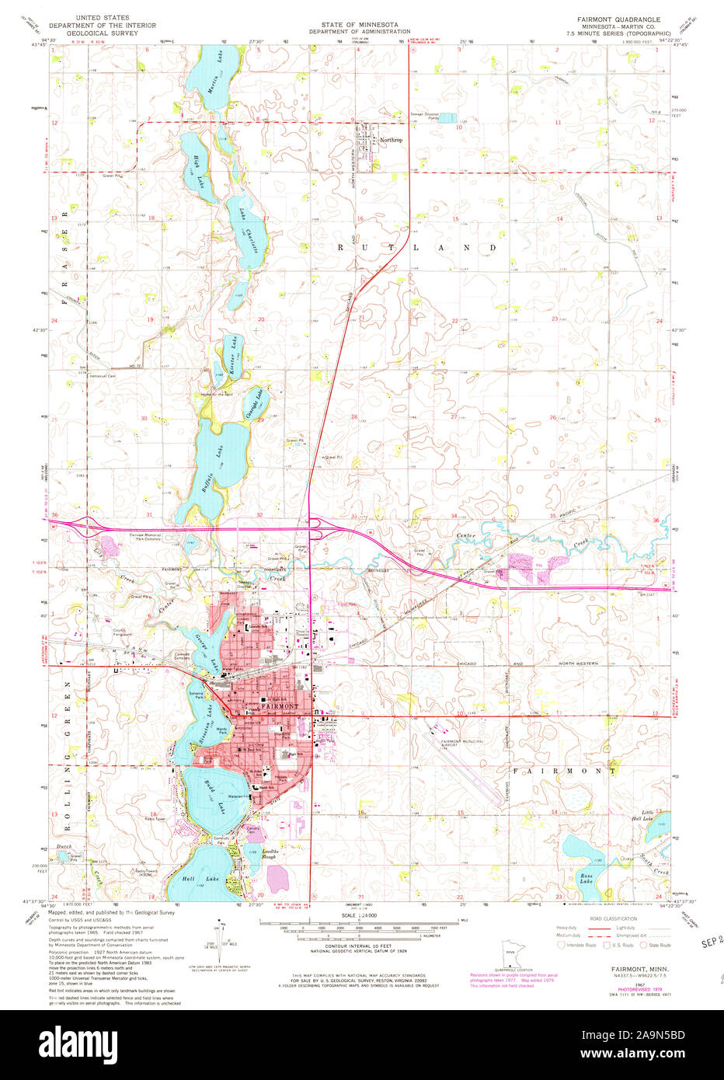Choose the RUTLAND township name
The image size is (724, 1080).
click(416, 247)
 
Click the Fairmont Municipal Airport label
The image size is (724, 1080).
click(462, 743)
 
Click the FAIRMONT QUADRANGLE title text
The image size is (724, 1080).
click(618, 19)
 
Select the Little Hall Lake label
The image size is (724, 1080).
click(642, 815)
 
